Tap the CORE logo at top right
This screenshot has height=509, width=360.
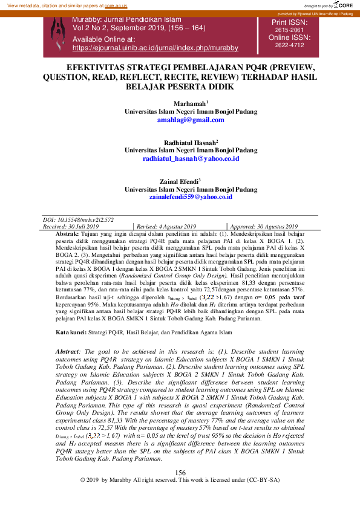pos(342,5)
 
